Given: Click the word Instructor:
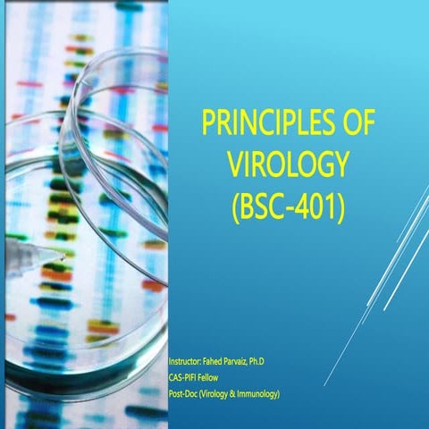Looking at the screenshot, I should [190, 360].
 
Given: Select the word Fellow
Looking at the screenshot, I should [215, 376].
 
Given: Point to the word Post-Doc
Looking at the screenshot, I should [186, 392].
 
